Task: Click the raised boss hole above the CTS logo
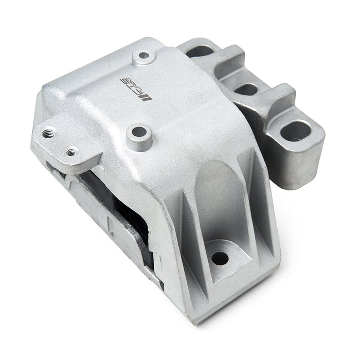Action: (x=144, y=55)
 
